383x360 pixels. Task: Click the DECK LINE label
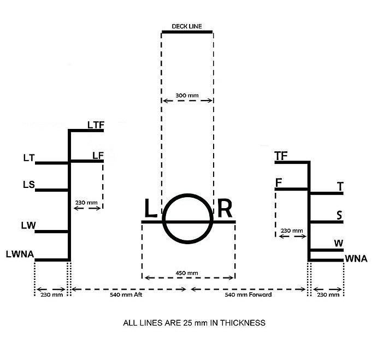pyautogui.click(x=187, y=26)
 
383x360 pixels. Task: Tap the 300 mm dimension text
pyautogui.click(x=187, y=96)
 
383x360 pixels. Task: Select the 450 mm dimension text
pyautogui.click(x=187, y=273)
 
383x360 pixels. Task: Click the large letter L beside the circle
pyautogui.click(x=150, y=208)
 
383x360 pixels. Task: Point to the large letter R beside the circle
pyautogui.click(x=225, y=208)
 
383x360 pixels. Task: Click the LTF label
pyautogui.click(x=96, y=125)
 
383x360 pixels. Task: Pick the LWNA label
pyautogui.click(x=20, y=254)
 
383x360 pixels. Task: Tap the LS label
pyautogui.click(x=29, y=185)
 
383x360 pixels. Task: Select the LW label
pyautogui.click(x=28, y=226)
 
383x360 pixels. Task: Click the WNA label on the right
pyautogui.click(x=356, y=258)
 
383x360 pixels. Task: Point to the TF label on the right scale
pyautogui.click(x=281, y=156)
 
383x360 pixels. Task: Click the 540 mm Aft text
pyautogui.click(x=126, y=294)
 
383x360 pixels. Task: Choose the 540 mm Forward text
pyautogui.click(x=248, y=294)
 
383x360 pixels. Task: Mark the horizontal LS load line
pyautogui.click(x=51, y=190)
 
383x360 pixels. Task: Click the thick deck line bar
pyautogui.click(x=187, y=32)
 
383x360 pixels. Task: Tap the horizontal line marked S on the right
pyautogui.click(x=327, y=222)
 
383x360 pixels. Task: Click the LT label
pyautogui.click(x=29, y=158)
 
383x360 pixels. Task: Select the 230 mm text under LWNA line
pyautogui.click(x=51, y=294)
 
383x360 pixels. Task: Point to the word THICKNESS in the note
pyautogui.click(x=243, y=323)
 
